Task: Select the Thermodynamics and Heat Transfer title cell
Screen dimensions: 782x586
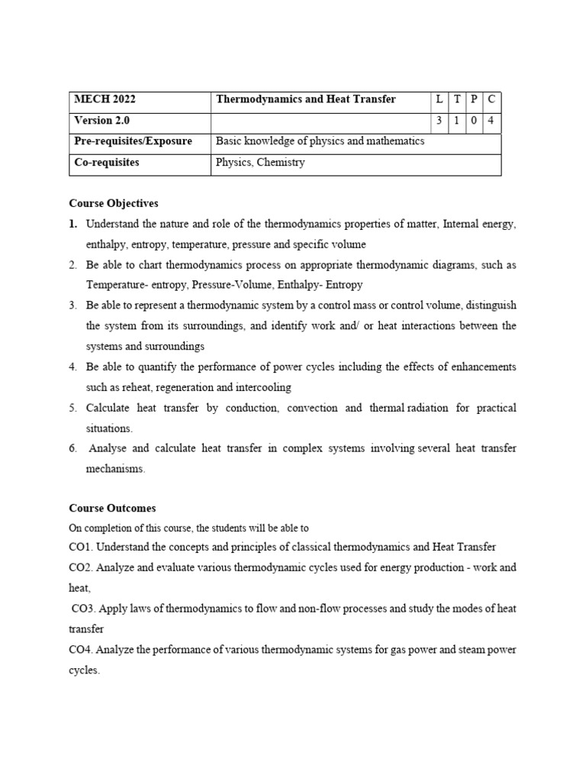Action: [306, 100]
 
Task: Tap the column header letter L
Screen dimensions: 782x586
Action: [439, 100]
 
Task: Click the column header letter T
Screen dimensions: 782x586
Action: [457, 100]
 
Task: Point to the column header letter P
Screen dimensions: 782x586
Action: [475, 100]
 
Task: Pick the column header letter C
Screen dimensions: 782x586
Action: [492, 100]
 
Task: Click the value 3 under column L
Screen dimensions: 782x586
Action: [439, 121]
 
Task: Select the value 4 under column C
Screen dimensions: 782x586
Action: [492, 121]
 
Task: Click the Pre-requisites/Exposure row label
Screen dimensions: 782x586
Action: [133, 141]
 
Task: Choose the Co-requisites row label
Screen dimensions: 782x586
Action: [107, 163]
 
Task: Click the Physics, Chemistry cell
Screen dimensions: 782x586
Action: [260, 163]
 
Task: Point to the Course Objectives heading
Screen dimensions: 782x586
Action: [114, 203]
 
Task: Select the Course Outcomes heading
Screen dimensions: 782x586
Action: [112, 508]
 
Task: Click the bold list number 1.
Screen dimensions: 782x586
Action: [72, 225]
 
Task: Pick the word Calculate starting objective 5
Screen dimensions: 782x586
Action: [111, 408]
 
